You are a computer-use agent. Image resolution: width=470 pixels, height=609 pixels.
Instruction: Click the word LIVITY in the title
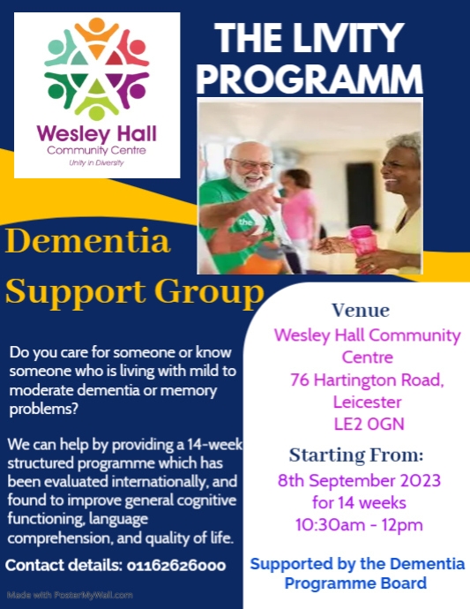346,39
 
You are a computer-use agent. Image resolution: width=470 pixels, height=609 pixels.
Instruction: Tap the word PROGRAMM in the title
310,78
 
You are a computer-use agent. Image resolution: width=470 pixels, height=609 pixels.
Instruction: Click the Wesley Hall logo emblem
97,69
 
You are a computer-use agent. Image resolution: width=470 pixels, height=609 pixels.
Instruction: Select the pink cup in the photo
364,240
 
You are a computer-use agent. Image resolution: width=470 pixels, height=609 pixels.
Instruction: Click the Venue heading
360,311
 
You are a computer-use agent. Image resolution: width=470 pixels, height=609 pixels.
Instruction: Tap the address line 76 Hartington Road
367,380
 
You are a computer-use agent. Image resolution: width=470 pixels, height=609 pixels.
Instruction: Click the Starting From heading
356,456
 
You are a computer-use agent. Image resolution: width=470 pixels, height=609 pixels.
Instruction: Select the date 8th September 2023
359,482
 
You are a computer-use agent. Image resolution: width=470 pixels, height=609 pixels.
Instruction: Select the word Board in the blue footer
399,583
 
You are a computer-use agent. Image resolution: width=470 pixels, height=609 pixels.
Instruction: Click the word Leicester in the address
367,402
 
